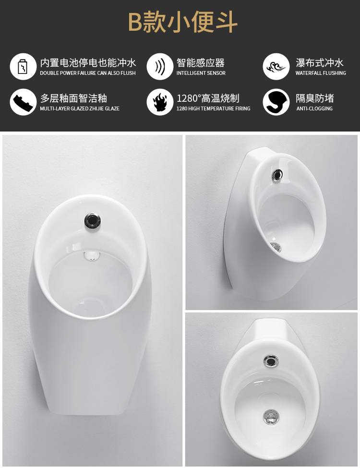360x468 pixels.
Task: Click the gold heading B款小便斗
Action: (x=183, y=22)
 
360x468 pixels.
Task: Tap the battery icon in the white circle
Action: (x=23, y=66)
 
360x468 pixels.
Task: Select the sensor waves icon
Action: (x=160, y=66)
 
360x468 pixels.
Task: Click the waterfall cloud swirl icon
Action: (x=276, y=66)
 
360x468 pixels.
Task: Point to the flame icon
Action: (x=160, y=102)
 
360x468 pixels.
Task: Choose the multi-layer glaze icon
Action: (x=23, y=102)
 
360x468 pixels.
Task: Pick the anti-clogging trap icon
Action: (x=276, y=102)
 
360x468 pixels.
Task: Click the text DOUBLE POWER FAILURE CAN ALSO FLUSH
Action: (x=88, y=73)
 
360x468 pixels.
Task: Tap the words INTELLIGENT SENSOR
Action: (x=201, y=73)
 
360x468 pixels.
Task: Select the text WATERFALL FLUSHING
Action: (x=321, y=73)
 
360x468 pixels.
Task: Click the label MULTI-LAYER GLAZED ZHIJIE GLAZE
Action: (x=80, y=108)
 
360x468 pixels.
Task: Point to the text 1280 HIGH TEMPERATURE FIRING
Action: (x=214, y=108)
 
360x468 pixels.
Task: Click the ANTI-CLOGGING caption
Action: (x=314, y=108)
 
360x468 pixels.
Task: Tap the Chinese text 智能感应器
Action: (x=200, y=63)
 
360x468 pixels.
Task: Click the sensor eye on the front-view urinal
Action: (x=92, y=221)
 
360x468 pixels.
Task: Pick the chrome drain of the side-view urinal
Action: (x=276, y=247)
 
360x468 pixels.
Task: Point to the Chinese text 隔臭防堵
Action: (x=314, y=98)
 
